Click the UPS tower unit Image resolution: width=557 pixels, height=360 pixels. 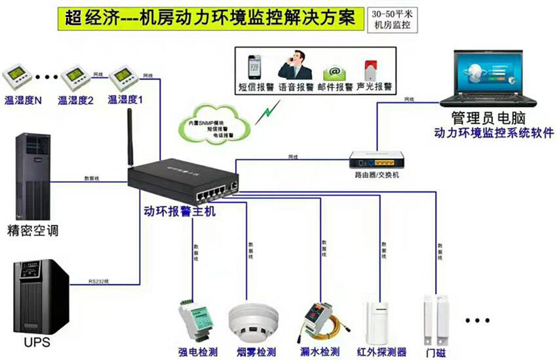(x=41, y=296)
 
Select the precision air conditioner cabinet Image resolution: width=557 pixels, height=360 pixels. (x=30, y=178)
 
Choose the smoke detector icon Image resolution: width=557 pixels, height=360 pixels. (x=248, y=320)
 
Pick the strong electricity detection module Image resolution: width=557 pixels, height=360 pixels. (x=196, y=318)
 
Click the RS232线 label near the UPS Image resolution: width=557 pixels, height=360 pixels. (x=99, y=281)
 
